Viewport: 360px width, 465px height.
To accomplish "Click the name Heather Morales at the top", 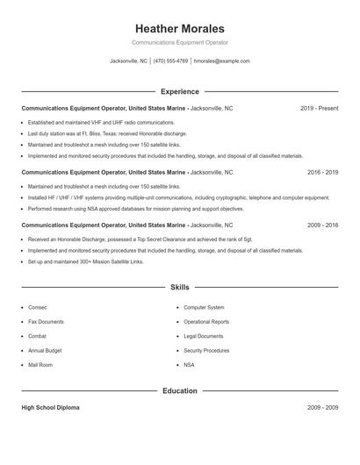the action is [x=180, y=28].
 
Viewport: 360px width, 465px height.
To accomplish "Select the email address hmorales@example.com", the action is [x=222, y=61].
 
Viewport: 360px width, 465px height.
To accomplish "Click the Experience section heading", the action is [x=180, y=91].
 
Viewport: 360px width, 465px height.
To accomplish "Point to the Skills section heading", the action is [x=180, y=287].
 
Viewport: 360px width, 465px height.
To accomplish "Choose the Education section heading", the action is [x=180, y=390].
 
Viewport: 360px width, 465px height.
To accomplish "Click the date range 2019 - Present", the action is [x=319, y=108].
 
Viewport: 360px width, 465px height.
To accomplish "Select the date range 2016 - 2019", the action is [x=322, y=173].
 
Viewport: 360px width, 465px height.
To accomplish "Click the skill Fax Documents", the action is [x=46, y=322].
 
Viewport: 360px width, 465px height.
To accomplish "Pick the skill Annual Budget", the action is [x=45, y=350].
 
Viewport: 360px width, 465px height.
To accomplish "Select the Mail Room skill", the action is [x=40, y=364].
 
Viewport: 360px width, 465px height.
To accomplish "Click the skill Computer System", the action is [x=204, y=308].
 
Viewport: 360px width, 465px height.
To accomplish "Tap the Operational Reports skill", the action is [x=206, y=322].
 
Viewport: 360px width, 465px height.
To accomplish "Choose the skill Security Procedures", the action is [x=206, y=350].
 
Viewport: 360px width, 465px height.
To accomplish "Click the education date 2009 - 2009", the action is [x=322, y=408].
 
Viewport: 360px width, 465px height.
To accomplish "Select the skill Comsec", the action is [x=38, y=308].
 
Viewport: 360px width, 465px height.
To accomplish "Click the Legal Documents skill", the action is [x=204, y=336].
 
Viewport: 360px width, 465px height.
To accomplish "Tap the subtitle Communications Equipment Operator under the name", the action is [x=180, y=42].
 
